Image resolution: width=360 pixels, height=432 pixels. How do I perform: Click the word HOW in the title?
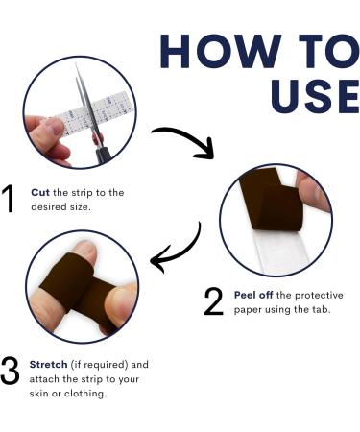pos(221,51)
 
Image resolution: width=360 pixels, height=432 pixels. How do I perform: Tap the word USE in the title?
pos(315,96)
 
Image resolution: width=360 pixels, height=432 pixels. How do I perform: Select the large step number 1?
pos(9,199)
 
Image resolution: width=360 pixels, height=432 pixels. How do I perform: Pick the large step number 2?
pos(213,301)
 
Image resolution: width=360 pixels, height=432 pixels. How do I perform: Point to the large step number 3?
pos(10,372)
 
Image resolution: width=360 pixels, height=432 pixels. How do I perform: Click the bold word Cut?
pos(40,192)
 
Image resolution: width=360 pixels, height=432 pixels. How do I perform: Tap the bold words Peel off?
pos(253,295)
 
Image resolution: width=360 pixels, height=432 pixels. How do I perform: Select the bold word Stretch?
pos(48,365)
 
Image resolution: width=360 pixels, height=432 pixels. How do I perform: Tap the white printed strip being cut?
pos(96,114)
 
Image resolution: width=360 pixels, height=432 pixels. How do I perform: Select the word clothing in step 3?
pos(84,394)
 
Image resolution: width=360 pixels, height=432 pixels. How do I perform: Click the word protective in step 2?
pos(319,295)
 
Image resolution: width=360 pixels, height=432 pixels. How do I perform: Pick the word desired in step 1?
pos(45,206)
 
